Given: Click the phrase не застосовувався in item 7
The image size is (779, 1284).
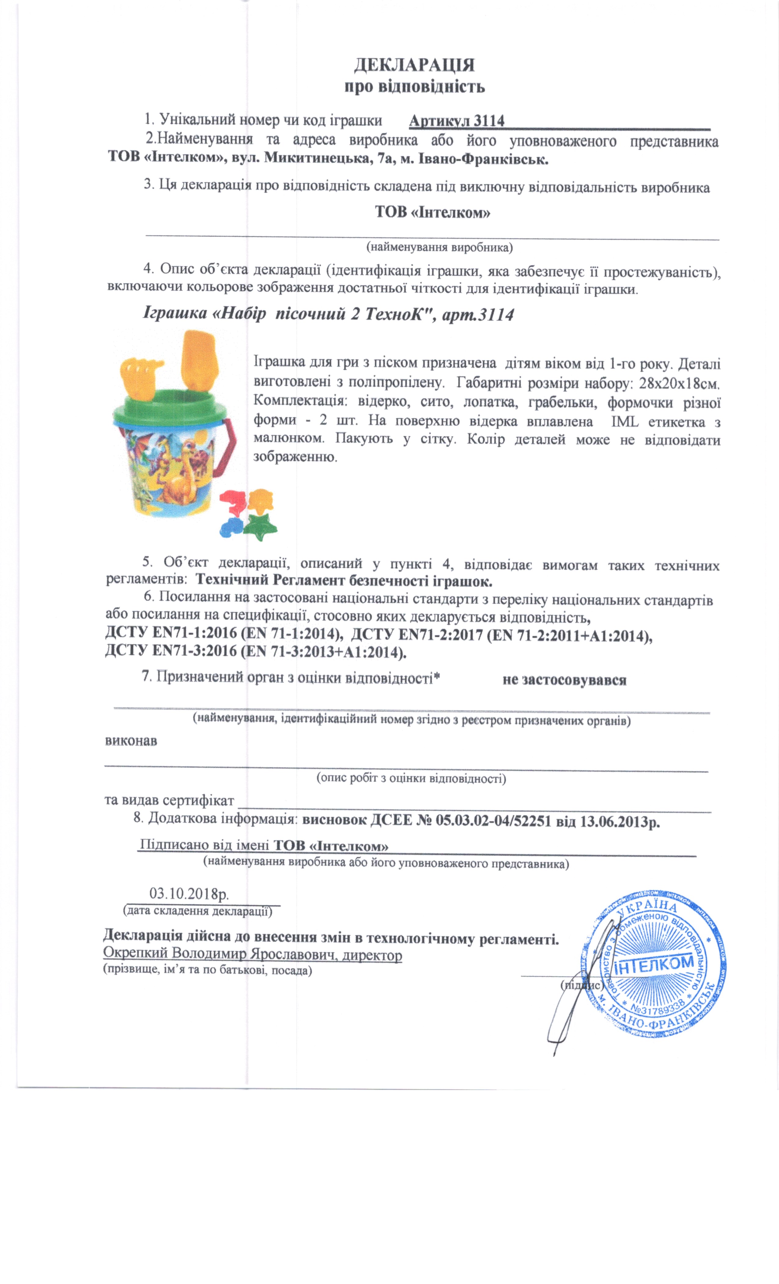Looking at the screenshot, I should click(564, 680).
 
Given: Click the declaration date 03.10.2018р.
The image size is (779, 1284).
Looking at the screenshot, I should click(189, 893).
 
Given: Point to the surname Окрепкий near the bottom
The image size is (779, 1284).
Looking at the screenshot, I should click(135, 954).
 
